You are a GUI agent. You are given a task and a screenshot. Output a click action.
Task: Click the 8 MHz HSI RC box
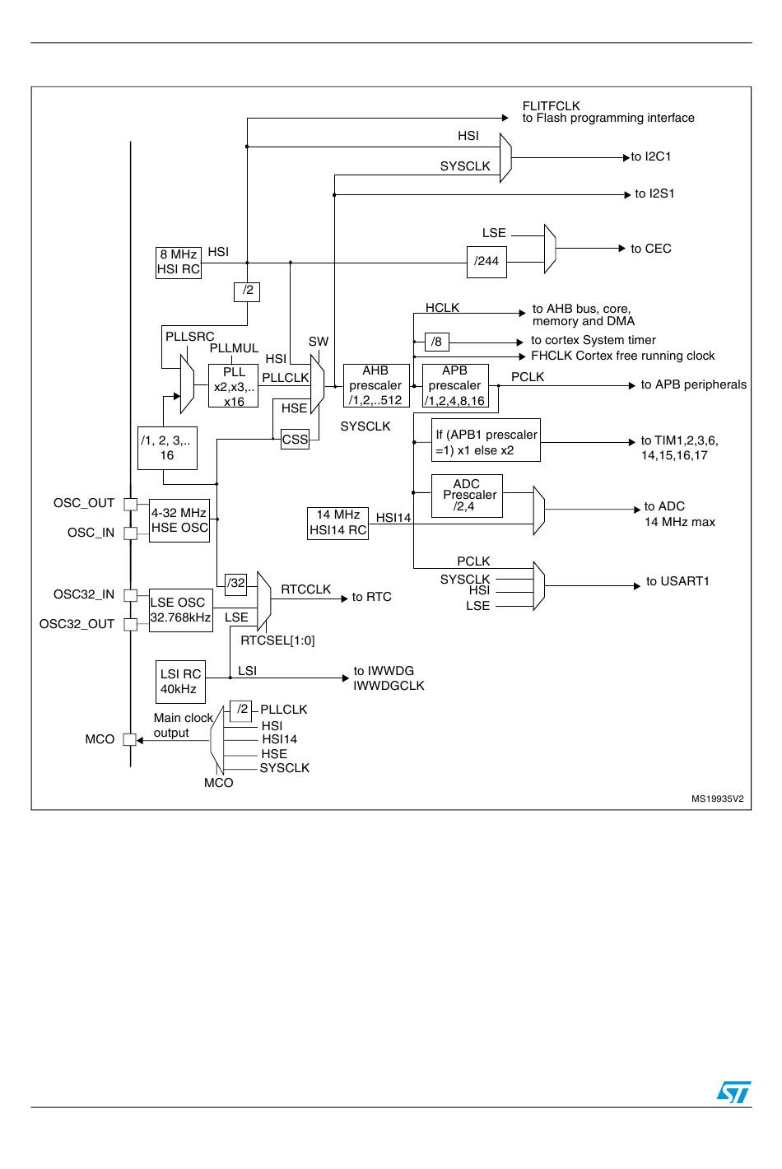click(x=179, y=263)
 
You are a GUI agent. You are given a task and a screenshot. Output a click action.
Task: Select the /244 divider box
click(x=486, y=262)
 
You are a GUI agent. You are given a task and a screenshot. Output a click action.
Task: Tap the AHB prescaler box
click(x=376, y=385)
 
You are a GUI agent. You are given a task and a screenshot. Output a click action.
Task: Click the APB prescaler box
click(x=455, y=385)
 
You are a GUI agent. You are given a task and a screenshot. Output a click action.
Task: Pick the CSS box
click(x=295, y=439)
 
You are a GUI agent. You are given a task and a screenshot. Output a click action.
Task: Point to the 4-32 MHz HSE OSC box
click(x=179, y=520)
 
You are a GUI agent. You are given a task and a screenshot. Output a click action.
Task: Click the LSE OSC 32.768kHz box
click(x=181, y=610)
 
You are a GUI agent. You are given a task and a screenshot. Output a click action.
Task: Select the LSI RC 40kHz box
click(x=180, y=682)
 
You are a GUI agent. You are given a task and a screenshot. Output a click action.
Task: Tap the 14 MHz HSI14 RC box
click(x=337, y=523)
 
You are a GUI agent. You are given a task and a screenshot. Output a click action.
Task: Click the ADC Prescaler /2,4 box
click(x=467, y=496)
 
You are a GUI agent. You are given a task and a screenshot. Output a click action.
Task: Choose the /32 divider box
click(x=235, y=584)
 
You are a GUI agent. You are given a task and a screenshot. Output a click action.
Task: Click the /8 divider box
click(x=436, y=342)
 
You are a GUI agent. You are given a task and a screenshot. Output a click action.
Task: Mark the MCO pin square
click(x=129, y=739)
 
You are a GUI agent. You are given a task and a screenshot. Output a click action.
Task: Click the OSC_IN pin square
click(x=130, y=533)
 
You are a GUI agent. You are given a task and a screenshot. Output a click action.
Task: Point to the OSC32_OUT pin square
click(x=130, y=624)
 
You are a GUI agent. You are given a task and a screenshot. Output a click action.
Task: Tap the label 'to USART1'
click(x=677, y=581)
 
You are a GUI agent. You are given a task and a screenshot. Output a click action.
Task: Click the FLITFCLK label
click(x=551, y=106)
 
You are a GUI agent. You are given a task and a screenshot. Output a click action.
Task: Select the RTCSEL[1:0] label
click(x=277, y=640)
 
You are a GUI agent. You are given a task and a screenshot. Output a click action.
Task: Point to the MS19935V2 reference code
click(x=717, y=799)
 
